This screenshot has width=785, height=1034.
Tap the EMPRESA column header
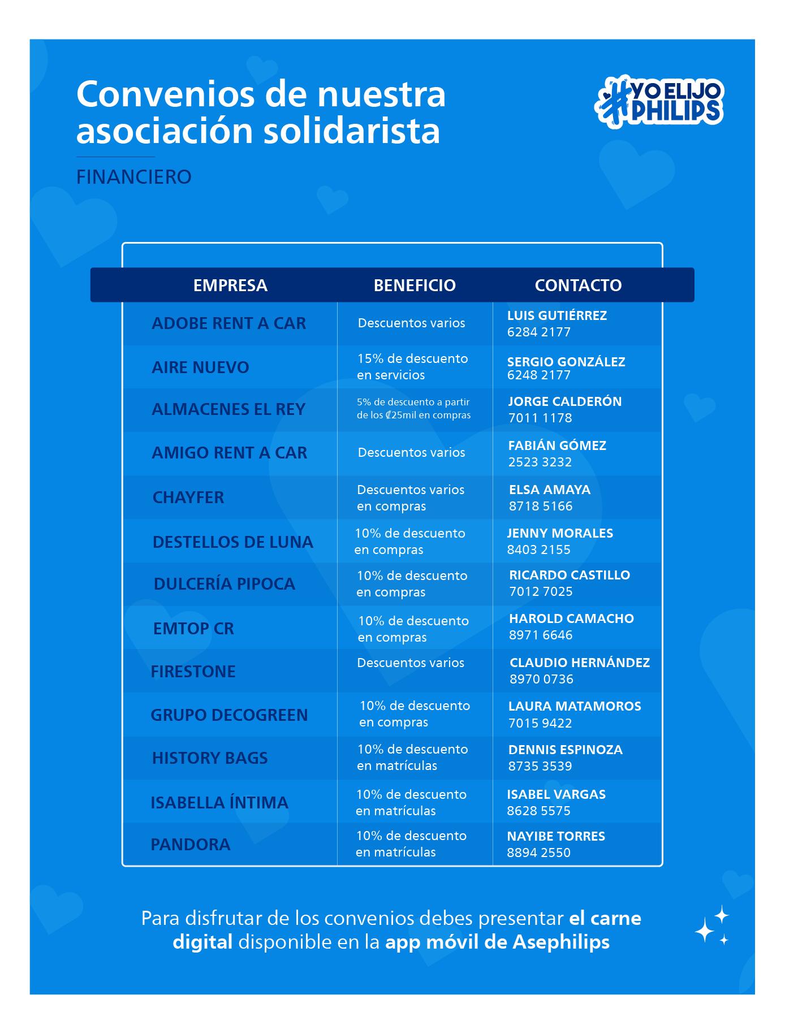tap(230, 285)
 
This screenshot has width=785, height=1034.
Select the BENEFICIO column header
tap(415, 285)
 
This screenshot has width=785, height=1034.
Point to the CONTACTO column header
tap(578, 285)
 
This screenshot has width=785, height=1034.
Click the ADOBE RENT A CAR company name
tap(228, 323)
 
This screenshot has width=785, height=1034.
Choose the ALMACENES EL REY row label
tap(228, 409)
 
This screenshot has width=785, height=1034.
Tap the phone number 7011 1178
tap(540, 418)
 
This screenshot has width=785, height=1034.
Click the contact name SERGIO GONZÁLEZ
tap(566, 362)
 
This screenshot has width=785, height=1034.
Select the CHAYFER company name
tap(188, 497)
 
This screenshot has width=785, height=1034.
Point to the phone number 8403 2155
tap(539, 550)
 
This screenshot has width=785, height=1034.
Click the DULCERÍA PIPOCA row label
tap(225, 584)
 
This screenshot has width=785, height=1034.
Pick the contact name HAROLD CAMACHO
tap(571, 618)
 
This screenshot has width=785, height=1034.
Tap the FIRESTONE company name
tap(193, 672)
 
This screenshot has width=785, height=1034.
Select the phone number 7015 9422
tap(540, 723)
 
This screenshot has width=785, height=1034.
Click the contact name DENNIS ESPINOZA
tap(566, 750)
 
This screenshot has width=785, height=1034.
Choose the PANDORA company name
tap(191, 845)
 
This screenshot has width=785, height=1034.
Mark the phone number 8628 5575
tap(539, 811)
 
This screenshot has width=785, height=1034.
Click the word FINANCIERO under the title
tap(134, 177)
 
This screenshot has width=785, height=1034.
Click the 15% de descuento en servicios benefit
tap(412, 366)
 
